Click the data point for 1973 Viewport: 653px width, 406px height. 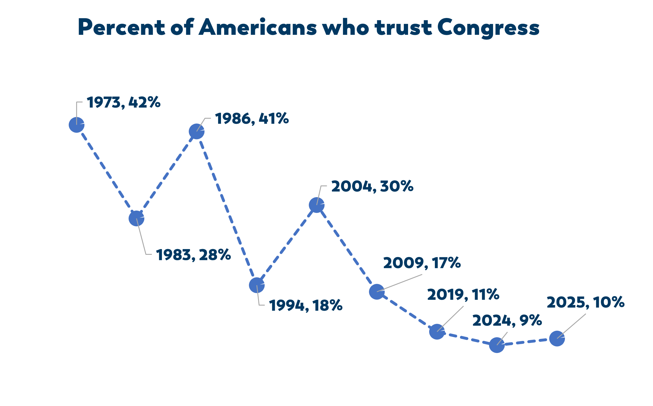click(77, 125)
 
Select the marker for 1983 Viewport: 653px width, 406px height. click(137, 218)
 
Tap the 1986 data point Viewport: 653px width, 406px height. click(197, 132)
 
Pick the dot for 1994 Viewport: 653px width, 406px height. click(257, 285)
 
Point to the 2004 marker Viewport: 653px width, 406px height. click(317, 205)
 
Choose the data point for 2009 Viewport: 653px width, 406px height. click(377, 292)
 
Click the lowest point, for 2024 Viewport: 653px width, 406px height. click(497, 345)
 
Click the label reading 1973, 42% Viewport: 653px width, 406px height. click(123, 102)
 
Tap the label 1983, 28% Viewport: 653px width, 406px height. click(193, 255)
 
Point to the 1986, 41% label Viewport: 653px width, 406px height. click(252, 119)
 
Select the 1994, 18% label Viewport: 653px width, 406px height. click(306, 306)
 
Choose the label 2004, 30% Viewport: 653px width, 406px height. click(372, 187)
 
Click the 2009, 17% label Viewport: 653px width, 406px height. click(422, 263)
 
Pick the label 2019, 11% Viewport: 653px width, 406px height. click(463, 295)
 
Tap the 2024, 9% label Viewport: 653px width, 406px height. click(507, 321)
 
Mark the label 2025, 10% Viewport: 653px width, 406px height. click(585, 302)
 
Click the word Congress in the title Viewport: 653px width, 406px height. click(488, 28)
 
